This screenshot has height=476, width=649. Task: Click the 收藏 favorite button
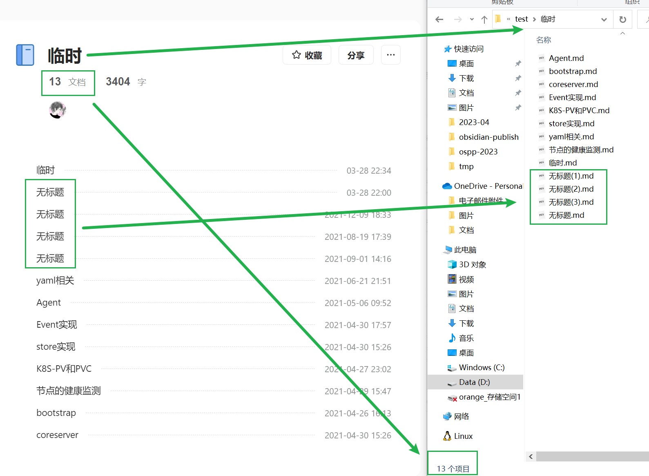307,55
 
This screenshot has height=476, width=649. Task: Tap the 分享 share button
356,55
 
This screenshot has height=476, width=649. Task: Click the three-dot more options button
390,55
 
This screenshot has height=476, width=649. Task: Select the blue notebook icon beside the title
25,55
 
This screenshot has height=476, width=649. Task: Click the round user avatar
58,110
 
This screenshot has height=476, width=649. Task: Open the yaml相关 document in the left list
55,281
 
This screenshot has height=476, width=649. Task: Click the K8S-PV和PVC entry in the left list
64,369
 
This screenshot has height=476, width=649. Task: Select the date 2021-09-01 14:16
358,259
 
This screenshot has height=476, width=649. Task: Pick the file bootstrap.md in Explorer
573,71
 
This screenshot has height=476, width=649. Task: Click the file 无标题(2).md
571,189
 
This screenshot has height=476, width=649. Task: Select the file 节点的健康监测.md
581,150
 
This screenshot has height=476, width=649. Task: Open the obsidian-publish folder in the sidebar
488,137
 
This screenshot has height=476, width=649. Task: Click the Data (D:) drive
474,382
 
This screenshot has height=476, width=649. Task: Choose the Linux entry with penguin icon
463,436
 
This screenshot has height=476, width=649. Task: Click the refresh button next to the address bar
622,19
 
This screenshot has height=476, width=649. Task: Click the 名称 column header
544,40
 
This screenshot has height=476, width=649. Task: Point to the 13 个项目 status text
453,469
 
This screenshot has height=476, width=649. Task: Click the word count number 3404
118,82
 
